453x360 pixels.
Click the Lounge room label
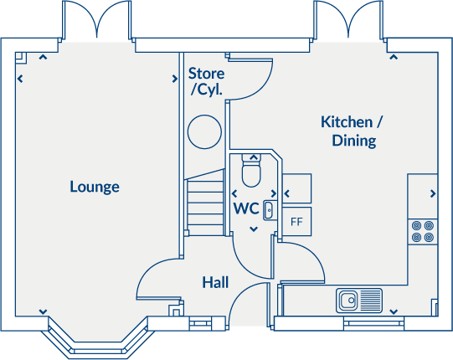click(94, 187)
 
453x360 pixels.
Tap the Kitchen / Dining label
click(353, 131)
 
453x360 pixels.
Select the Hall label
click(215, 283)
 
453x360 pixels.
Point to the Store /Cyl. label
click(206, 81)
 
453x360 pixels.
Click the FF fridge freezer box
click(296, 223)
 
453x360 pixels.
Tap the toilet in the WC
click(251, 172)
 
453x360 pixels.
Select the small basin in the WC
click(269, 209)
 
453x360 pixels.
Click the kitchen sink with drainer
click(359, 299)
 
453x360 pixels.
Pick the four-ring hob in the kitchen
click(422, 230)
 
